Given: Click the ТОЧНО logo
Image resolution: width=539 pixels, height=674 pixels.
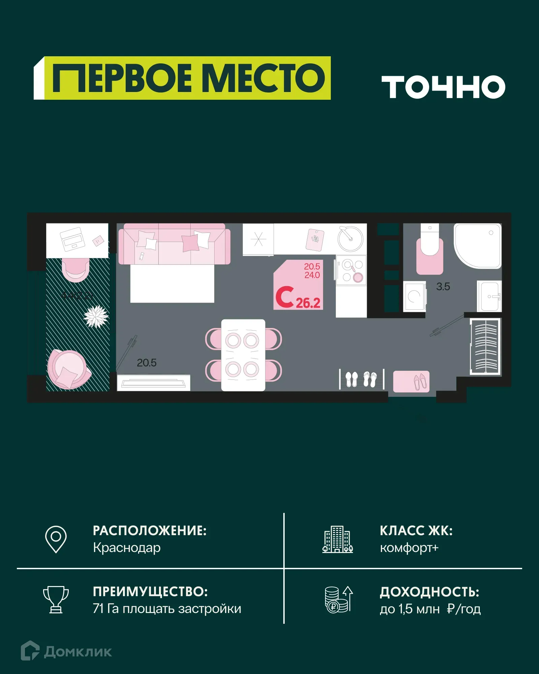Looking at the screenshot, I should (x=443, y=87).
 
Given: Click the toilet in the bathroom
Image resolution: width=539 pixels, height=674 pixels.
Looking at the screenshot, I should (x=430, y=249).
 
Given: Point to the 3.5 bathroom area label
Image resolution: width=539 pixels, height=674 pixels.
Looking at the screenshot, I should (x=443, y=287).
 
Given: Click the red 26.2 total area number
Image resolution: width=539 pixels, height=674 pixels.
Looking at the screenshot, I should (x=308, y=303).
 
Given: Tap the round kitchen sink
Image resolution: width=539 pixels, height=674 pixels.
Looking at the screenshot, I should (x=350, y=239).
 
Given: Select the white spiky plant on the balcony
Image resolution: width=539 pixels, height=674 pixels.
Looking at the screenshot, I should (x=96, y=316).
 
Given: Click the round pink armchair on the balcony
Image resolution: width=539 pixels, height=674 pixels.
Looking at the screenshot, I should (x=68, y=369).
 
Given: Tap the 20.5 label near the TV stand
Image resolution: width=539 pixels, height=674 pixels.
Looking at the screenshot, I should (x=147, y=363).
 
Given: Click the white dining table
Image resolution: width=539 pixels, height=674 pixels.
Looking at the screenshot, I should (x=243, y=355).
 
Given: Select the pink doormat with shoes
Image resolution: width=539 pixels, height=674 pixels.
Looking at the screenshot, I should (x=411, y=381).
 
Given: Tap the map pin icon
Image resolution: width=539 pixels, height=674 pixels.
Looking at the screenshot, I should (x=56, y=539).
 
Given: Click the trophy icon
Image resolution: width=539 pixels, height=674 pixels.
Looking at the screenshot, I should (x=56, y=600).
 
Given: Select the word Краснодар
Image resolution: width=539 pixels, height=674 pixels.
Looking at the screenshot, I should (x=127, y=548).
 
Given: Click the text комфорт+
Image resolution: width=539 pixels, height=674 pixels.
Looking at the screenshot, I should (x=409, y=548).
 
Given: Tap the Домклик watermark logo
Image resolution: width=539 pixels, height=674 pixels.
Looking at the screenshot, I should (x=66, y=651).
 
